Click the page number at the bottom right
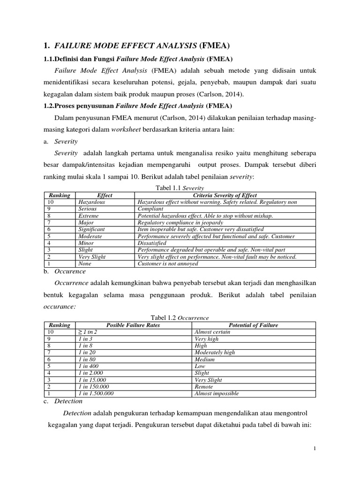pos(315,449)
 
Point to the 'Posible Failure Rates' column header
pos(133,325)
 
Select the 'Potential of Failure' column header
pos(253,325)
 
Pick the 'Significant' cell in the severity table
pos(91,229)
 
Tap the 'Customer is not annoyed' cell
pos(168,263)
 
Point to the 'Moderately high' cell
pos(215,352)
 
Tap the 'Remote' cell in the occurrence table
pos(204,387)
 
